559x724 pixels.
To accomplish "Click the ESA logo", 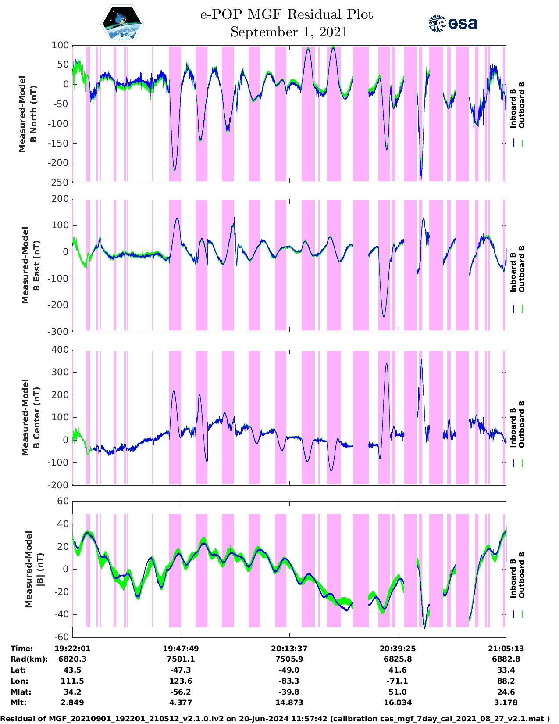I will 453,23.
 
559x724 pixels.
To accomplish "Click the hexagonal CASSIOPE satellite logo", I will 122,23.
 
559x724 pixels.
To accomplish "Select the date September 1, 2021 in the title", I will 289,32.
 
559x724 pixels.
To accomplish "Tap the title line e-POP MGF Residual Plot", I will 287,14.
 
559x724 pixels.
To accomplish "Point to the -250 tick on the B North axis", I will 60,182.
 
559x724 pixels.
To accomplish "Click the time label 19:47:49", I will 181,649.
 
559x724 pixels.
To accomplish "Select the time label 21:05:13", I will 506,649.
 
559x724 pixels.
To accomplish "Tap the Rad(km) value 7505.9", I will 289,659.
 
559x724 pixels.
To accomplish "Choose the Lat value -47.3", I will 181,670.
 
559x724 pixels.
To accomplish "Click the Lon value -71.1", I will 397,681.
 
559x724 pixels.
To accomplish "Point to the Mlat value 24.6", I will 506,692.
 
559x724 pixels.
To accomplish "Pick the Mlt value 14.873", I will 289,702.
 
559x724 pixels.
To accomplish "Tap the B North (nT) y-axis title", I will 28,114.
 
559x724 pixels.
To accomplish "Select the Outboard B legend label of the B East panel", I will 522,269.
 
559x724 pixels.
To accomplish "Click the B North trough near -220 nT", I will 175,169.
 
